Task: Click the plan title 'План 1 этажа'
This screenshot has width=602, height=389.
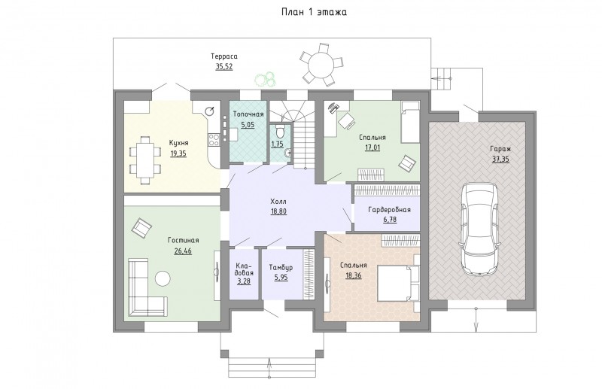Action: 314,12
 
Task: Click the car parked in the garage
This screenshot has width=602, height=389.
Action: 480,229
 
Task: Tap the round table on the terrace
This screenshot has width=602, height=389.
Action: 321,63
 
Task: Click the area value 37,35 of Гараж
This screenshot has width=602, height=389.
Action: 500,160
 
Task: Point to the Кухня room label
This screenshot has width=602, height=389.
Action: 178,143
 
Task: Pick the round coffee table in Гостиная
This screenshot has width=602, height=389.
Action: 163,278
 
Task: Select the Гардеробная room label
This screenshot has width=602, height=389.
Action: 389,210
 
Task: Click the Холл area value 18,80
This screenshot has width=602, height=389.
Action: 278,211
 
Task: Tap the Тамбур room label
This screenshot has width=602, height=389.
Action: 281,267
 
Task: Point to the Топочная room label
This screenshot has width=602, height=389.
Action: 248,114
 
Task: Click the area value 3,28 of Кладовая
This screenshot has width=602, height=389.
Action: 244,281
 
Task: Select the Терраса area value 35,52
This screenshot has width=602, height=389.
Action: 223,66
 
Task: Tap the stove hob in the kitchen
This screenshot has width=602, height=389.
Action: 214,140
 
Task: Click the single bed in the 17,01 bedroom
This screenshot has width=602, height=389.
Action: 409,122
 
